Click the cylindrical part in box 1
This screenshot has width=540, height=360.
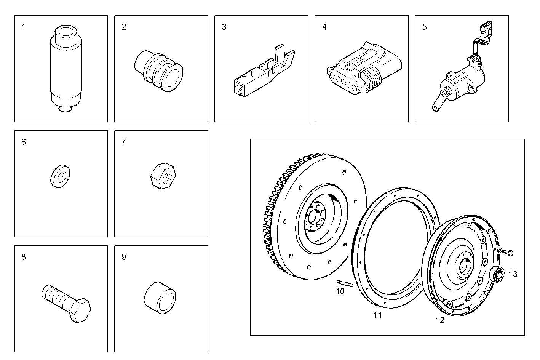[66, 69]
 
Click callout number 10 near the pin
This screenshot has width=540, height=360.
[340, 291]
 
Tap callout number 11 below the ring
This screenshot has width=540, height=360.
[377, 315]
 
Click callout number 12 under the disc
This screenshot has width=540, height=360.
[440, 320]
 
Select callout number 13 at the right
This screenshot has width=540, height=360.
[513, 274]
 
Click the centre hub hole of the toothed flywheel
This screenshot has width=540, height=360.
[315, 218]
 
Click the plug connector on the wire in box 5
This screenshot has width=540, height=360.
[486, 32]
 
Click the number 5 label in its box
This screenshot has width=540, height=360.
[425, 27]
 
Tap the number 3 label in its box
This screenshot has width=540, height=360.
[224, 27]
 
